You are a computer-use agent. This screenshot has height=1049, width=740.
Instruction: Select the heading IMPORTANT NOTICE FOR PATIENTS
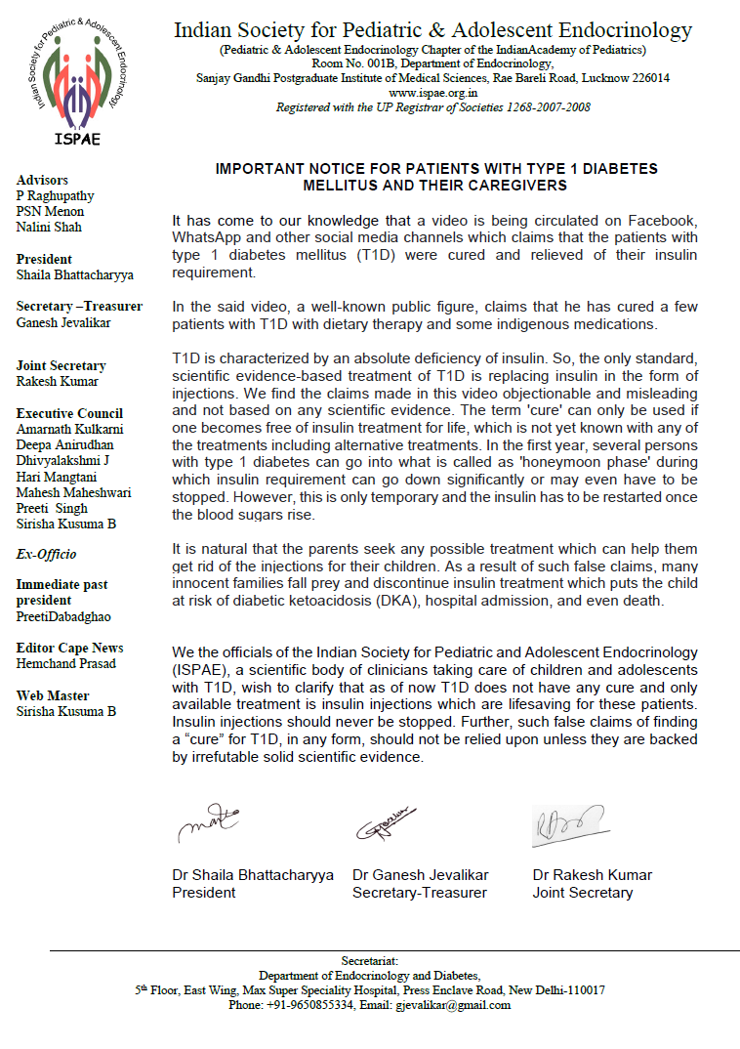(x=435, y=169)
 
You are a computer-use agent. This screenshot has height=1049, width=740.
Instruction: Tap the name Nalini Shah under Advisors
(x=49, y=228)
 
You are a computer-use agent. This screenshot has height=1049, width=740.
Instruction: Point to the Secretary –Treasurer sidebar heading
(x=79, y=306)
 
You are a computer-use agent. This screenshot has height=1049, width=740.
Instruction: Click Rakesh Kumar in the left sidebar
(x=58, y=381)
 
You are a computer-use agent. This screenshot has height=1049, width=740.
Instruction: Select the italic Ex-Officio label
(x=46, y=554)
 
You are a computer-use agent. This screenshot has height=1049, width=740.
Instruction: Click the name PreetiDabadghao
(x=63, y=616)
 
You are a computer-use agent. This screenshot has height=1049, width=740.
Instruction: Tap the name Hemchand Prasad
(x=65, y=663)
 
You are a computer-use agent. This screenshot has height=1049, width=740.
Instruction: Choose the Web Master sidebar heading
(x=53, y=695)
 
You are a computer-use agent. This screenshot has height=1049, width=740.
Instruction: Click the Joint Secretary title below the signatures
(x=582, y=892)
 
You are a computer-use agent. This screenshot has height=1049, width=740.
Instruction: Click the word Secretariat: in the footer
(x=369, y=961)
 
